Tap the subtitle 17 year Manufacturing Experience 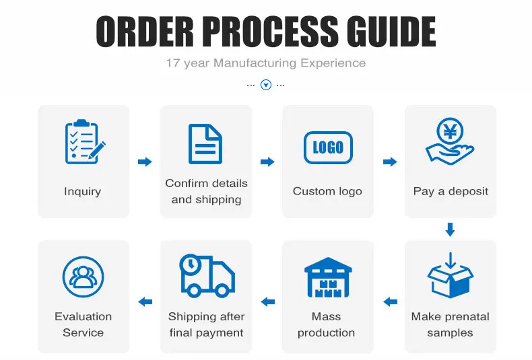(x=266, y=63)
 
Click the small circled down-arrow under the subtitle (x=266, y=85)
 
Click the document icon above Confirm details (x=205, y=143)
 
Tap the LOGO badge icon (x=328, y=147)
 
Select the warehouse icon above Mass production (x=328, y=277)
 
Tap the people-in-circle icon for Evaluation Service (x=84, y=277)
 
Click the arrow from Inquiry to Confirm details (x=145, y=161)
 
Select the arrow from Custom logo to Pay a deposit (x=389, y=161)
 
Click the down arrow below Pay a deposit (x=450, y=229)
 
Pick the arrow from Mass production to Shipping (x=267, y=301)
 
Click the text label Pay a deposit (x=451, y=191)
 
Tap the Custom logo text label (x=327, y=191)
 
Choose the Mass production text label (x=327, y=324)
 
